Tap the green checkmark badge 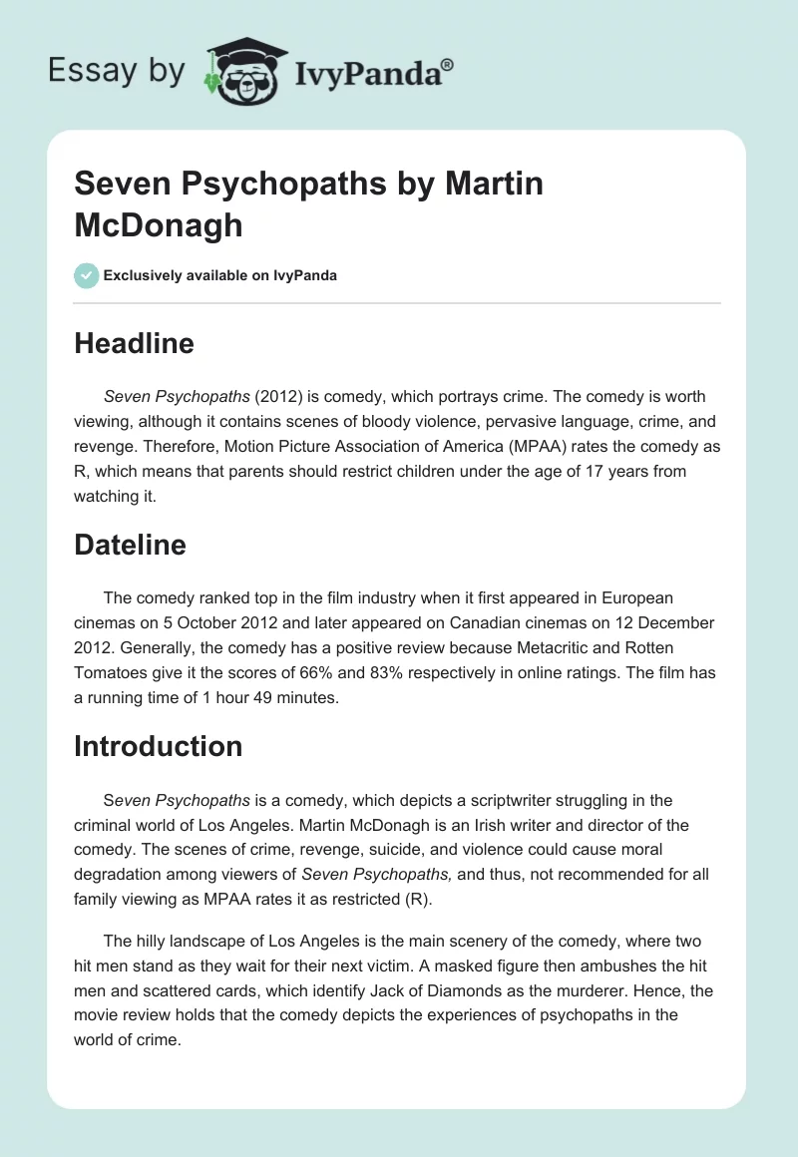pos(87,275)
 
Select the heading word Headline pos(134,344)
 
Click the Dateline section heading pos(130,545)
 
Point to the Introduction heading pos(158,746)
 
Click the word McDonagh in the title pos(159,224)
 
